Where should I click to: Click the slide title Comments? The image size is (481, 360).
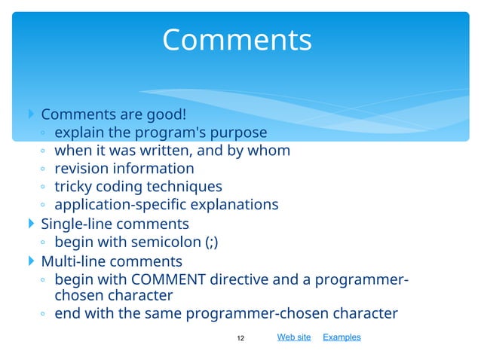tap(237, 40)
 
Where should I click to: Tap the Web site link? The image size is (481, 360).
tap(293, 337)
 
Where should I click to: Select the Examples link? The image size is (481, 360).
tap(342, 337)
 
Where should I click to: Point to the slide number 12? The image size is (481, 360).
tap(240, 338)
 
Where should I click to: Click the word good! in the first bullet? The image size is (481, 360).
tap(164, 114)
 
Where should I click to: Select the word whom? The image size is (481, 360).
tap(270, 151)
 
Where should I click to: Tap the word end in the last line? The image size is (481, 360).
tap(68, 314)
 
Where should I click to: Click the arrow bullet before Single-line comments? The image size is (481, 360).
tap(30, 224)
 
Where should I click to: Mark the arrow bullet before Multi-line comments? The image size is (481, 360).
tap(30, 261)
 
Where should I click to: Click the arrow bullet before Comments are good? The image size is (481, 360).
tap(30, 114)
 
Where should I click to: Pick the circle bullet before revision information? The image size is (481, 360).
tap(44, 169)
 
